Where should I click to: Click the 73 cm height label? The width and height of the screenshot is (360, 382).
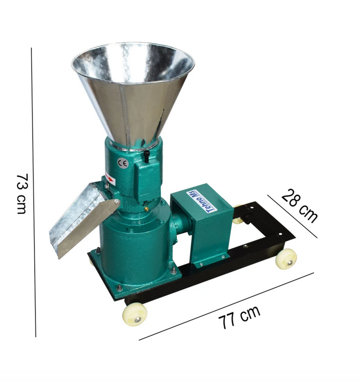coord(22,194)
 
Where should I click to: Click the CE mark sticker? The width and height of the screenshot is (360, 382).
coord(122,163)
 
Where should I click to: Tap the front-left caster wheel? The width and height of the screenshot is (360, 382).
coord(135,314)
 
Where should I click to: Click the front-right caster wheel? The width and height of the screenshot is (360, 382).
coord(286,259)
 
